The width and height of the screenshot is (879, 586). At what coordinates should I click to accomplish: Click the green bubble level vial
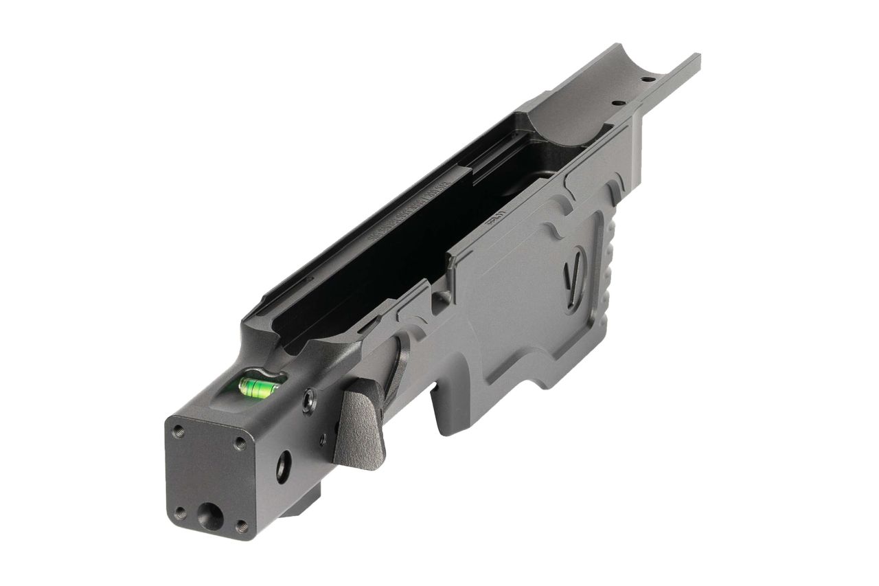click(x=258, y=387)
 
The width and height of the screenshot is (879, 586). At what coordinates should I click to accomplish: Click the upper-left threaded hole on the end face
click(x=179, y=431)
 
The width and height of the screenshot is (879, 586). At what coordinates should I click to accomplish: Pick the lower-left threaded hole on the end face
click(x=181, y=512)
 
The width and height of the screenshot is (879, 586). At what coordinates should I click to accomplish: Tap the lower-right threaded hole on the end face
click(x=241, y=527)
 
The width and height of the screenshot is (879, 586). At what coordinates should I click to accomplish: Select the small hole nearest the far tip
click(x=647, y=80)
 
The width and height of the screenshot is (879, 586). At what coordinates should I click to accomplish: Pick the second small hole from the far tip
click(x=617, y=103)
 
